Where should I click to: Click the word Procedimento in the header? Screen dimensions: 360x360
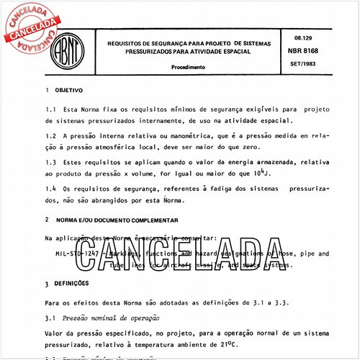click(189, 67)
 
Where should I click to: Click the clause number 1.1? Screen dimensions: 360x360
click(50, 109)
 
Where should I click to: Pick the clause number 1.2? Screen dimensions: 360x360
click(50, 134)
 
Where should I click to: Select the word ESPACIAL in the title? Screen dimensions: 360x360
click(234, 53)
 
